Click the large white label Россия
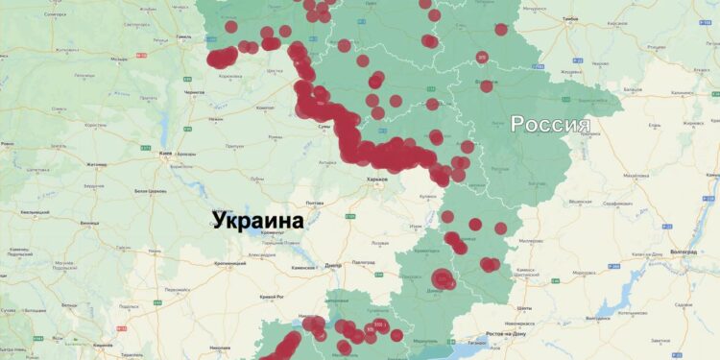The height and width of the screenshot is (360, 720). click(x=549, y=125)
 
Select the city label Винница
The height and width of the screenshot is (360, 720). click(x=89, y=222)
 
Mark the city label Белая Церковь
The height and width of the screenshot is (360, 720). click(x=140, y=192)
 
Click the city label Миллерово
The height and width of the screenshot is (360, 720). click(x=531, y=241)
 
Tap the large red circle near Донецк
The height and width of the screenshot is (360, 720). click(x=443, y=279)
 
